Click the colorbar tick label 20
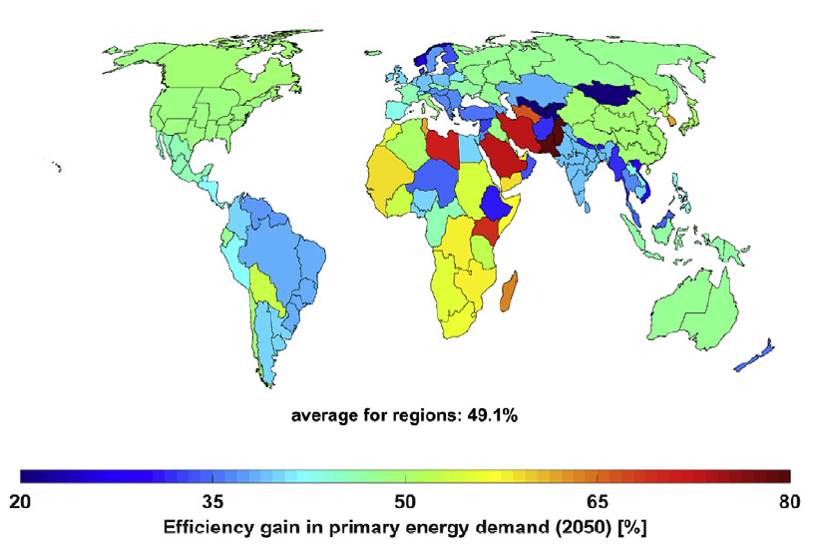tap(30, 500)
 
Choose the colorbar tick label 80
tap(789, 500)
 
